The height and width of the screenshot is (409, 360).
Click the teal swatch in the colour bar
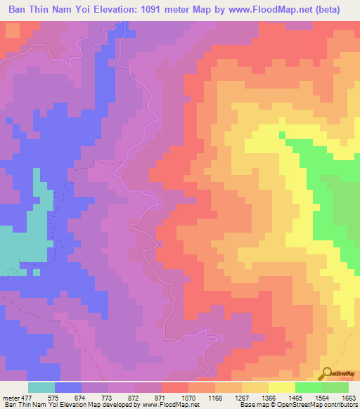point(41,387)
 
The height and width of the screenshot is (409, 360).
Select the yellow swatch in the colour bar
point(281,387)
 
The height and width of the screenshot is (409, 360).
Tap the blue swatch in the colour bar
point(69,387)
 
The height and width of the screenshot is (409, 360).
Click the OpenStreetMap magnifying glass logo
point(328,372)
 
